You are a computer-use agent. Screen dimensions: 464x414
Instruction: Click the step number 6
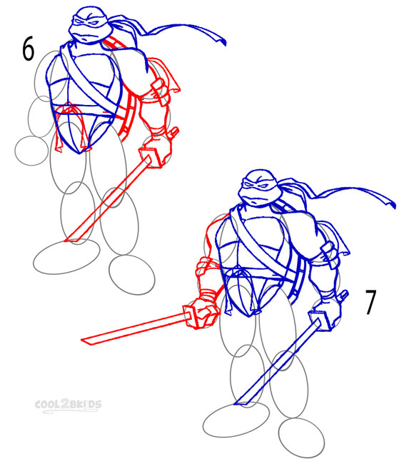[x=29, y=50]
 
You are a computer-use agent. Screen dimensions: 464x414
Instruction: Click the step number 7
[x=371, y=302]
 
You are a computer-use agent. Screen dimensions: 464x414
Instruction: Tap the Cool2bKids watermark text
[x=69, y=405]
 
